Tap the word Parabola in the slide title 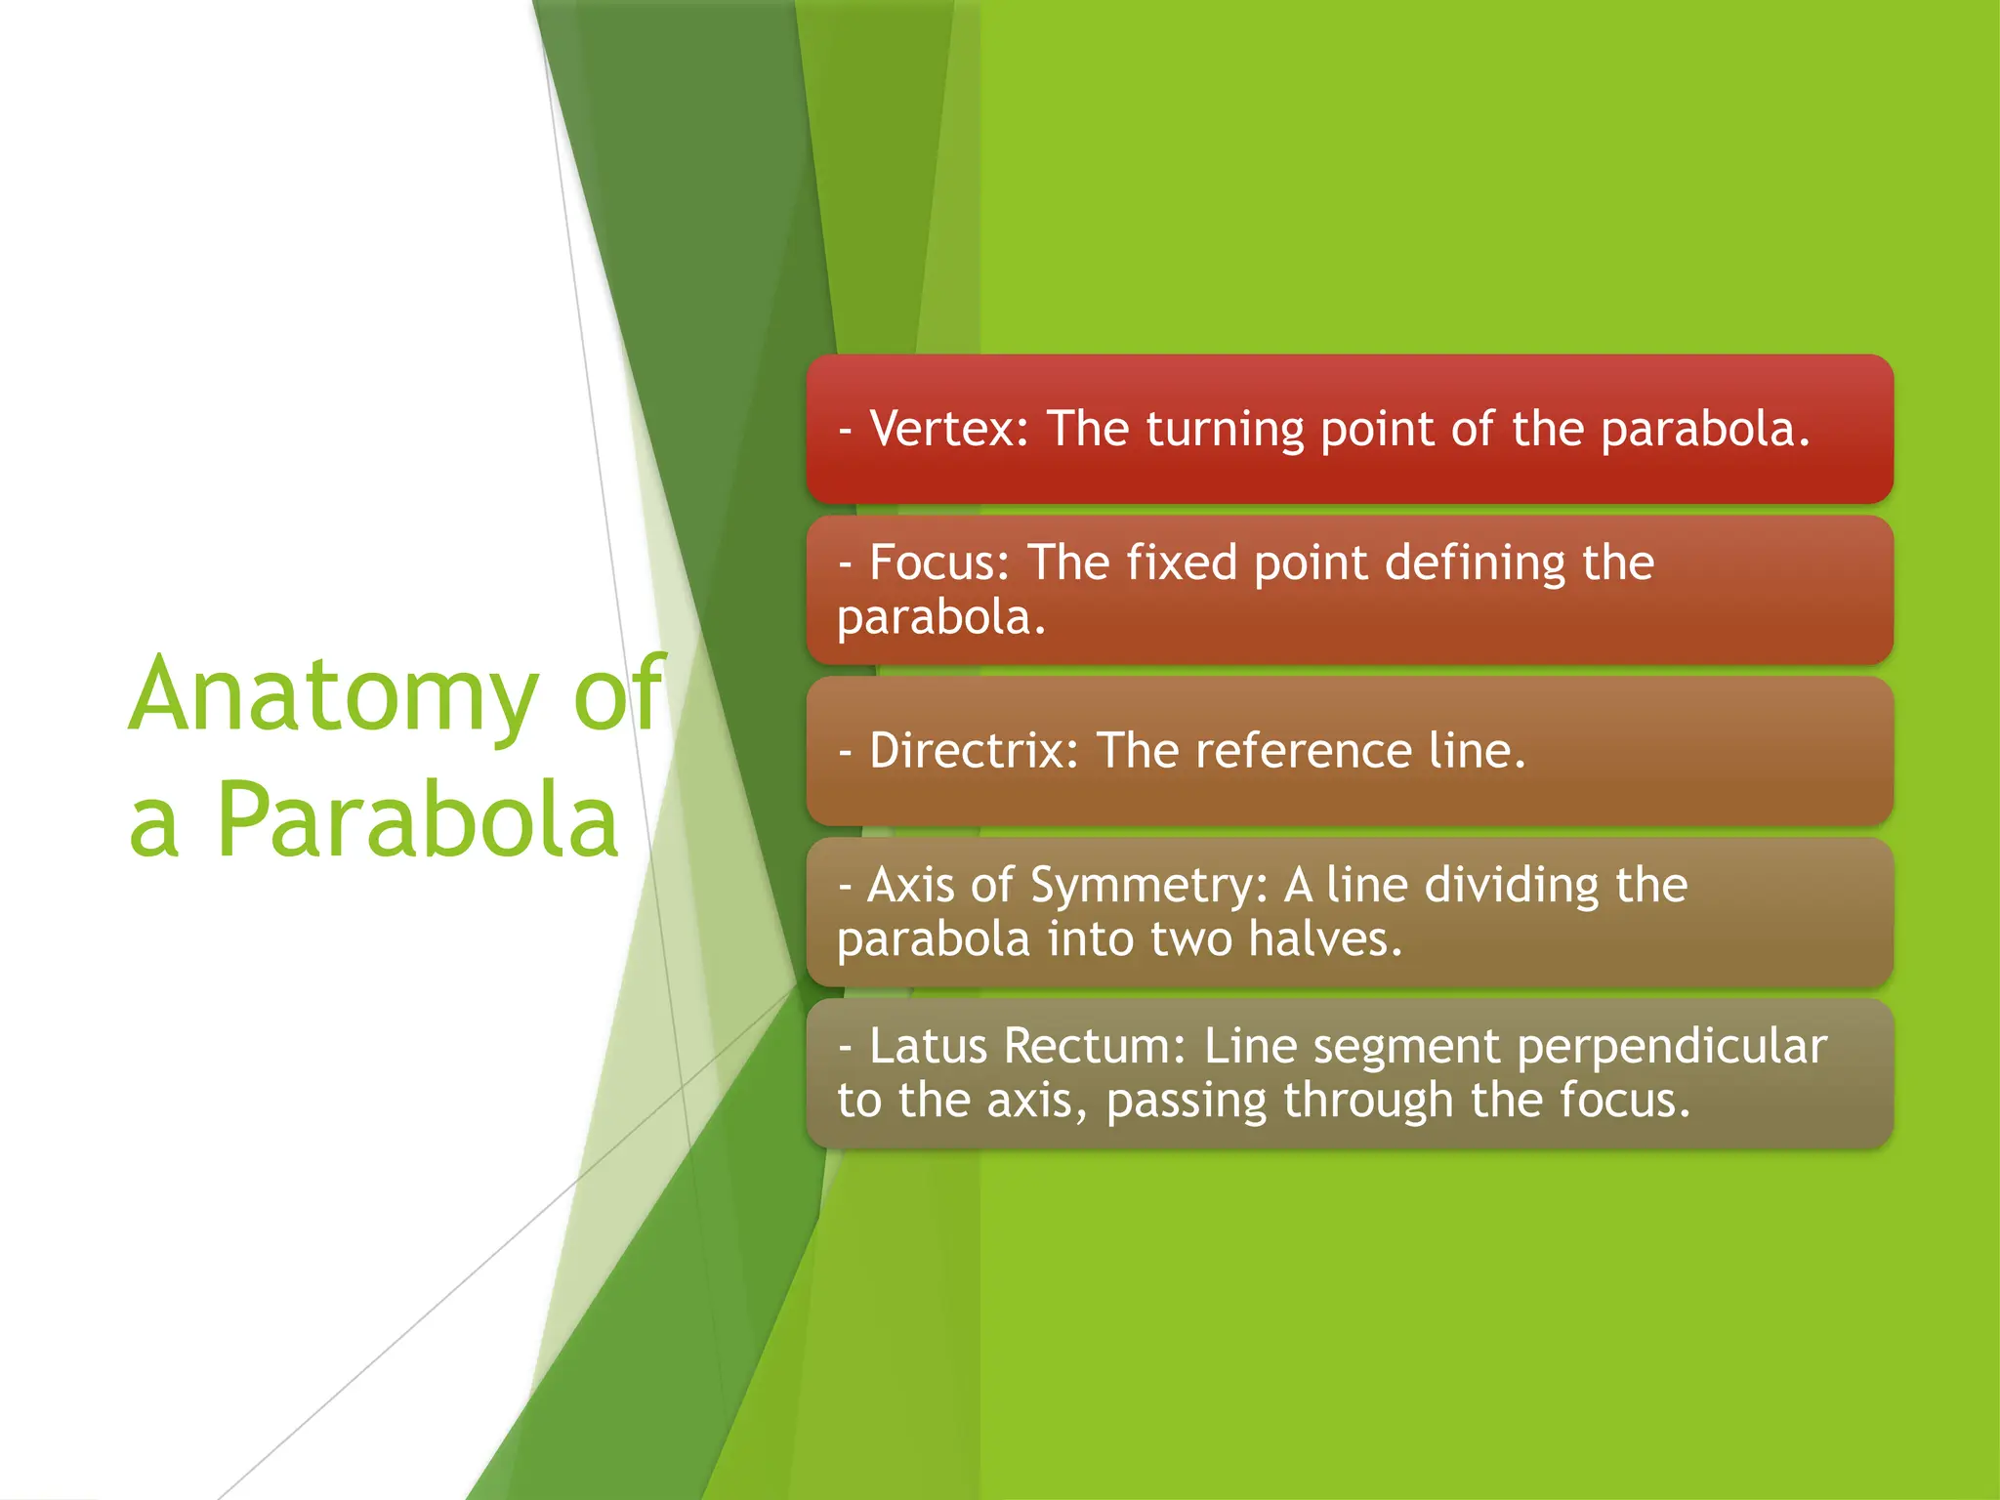click(417, 820)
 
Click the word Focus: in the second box click(939, 563)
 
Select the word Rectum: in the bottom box click(1095, 1046)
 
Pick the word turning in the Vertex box click(1225, 431)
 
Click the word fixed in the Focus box click(1182, 563)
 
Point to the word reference click(1303, 751)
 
